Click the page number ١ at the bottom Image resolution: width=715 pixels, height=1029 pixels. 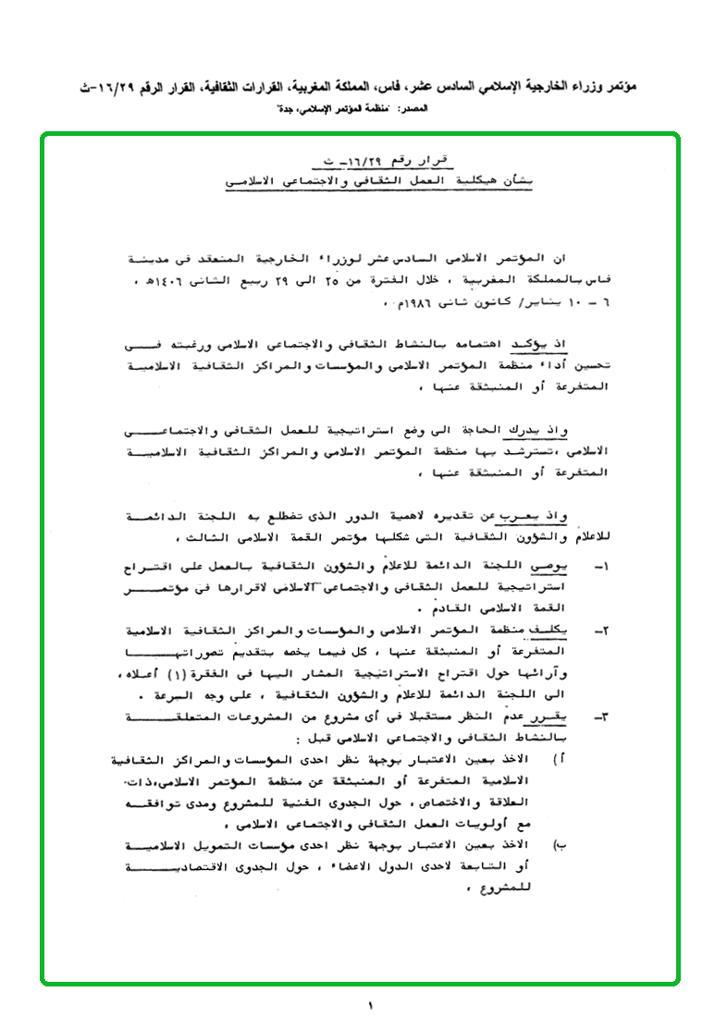coord(368,1005)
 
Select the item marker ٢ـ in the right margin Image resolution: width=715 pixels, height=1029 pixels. coord(600,631)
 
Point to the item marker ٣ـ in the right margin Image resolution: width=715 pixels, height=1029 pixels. coord(600,716)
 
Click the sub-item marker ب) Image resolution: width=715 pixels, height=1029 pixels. coord(559,845)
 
